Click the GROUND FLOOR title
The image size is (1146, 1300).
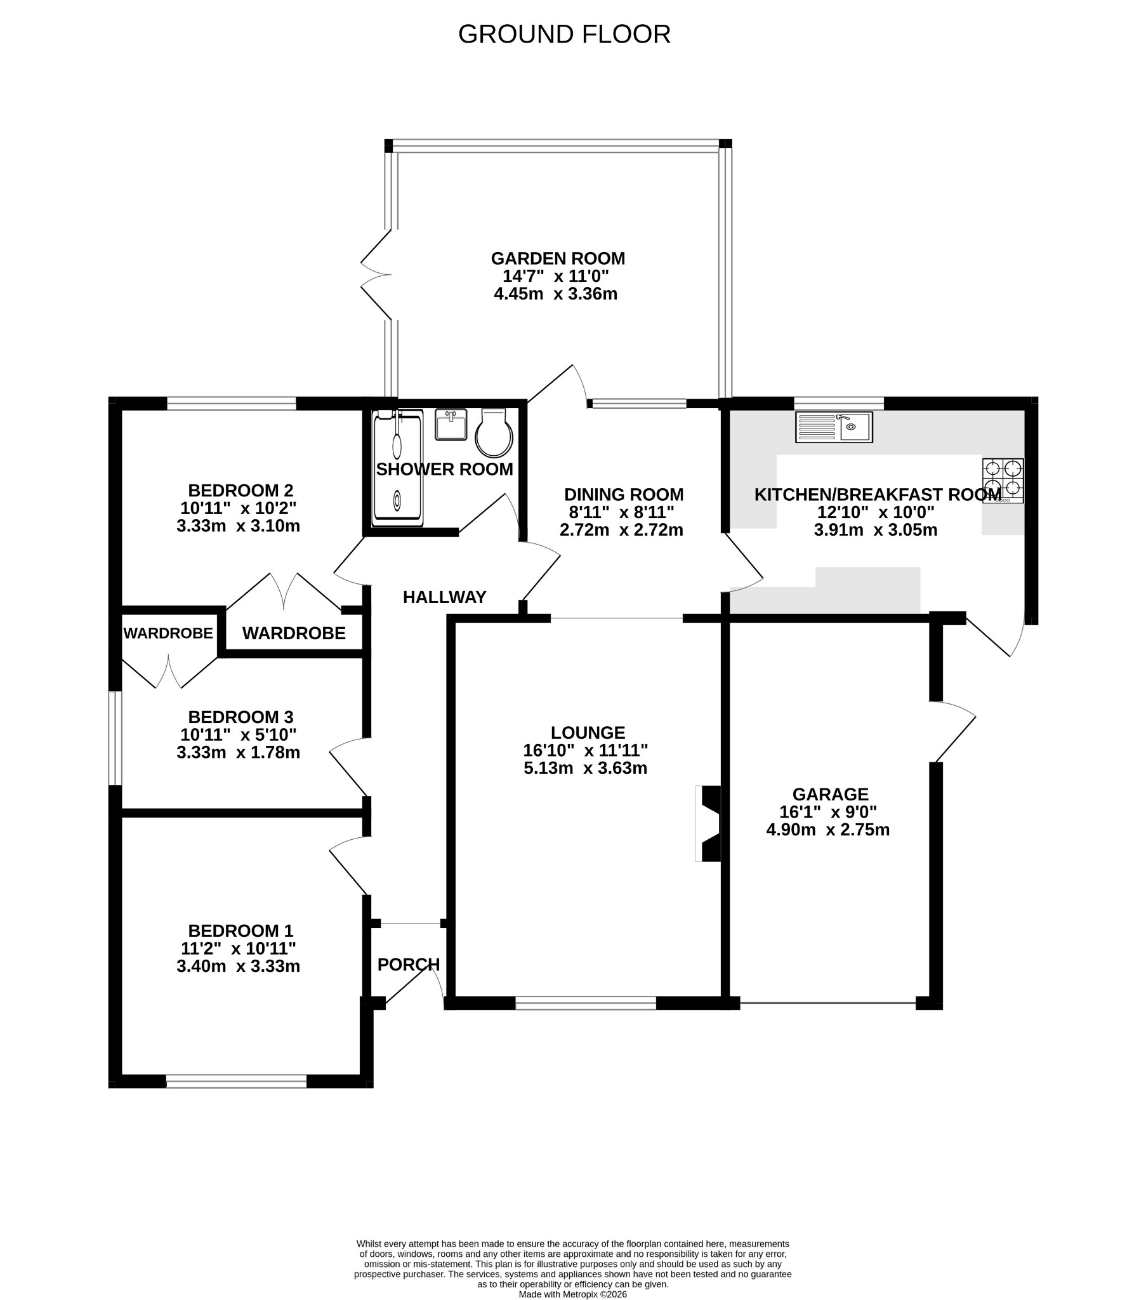(x=564, y=34)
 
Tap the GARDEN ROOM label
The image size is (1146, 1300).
(x=558, y=259)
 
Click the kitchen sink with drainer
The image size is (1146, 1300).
(x=834, y=427)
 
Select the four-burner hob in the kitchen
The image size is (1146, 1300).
(x=1003, y=481)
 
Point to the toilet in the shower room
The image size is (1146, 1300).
(x=494, y=433)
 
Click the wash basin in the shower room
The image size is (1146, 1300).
(x=451, y=425)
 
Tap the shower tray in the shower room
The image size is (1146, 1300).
(x=397, y=468)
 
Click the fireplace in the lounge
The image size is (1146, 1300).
(x=708, y=824)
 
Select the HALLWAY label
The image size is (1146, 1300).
(x=445, y=597)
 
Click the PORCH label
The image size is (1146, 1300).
(x=408, y=965)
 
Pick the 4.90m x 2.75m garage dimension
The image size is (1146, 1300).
(x=827, y=830)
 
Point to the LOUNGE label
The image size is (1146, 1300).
(x=588, y=733)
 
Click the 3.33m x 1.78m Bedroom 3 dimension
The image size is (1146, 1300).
(x=239, y=752)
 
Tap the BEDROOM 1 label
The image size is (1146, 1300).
(x=240, y=931)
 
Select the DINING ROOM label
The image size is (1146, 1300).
(x=624, y=495)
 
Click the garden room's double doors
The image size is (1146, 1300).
(x=376, y=275)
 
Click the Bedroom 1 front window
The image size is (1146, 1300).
(x=237, y=1080)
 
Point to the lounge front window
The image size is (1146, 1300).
(x=586, y=1003)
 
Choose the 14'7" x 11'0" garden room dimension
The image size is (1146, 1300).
(x=556, y=277)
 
